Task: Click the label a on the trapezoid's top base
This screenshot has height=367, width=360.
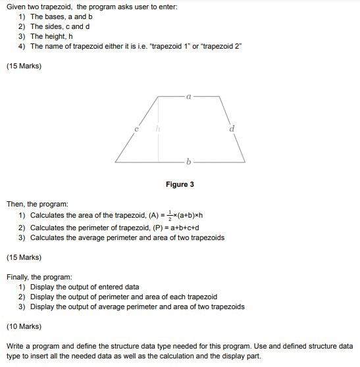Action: point(188,96)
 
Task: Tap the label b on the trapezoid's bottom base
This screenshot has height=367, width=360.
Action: point(189,161)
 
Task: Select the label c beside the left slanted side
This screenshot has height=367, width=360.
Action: point(136,130)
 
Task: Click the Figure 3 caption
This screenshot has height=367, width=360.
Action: point(180,185)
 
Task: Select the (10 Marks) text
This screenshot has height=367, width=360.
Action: point(24,326)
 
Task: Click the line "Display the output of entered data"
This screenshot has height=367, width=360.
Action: point(84,287)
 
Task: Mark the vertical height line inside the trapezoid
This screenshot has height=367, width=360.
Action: point(158,132)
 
